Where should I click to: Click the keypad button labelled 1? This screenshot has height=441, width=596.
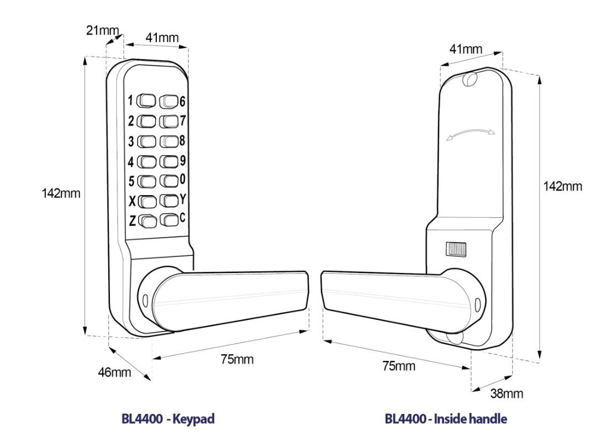coord(146,101)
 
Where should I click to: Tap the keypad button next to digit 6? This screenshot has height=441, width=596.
coord(169,101)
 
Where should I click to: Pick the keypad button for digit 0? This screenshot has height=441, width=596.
coord(169,180)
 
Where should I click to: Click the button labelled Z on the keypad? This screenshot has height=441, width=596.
coord(147,221)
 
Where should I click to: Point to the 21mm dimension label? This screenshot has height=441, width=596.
coord(102,30)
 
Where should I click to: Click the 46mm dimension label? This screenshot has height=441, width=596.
coord(114,372)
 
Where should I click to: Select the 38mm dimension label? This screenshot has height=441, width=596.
coord(507,393)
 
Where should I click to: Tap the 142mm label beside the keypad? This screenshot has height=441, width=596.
coord(61,193)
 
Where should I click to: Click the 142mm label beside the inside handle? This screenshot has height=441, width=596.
coord(562,186)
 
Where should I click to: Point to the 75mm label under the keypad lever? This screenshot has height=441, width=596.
coord(237,359)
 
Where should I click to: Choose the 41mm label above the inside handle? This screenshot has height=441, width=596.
coord(466,49)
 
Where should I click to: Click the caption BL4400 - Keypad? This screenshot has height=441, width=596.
coord(168,418)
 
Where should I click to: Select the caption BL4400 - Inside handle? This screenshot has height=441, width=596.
coord(446,418)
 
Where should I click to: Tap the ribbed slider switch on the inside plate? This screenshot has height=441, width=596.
coord(456,249)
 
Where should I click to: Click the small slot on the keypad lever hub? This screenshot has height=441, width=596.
coord(145,301)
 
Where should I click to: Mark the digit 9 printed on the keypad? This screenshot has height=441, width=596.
coord(183,160)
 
